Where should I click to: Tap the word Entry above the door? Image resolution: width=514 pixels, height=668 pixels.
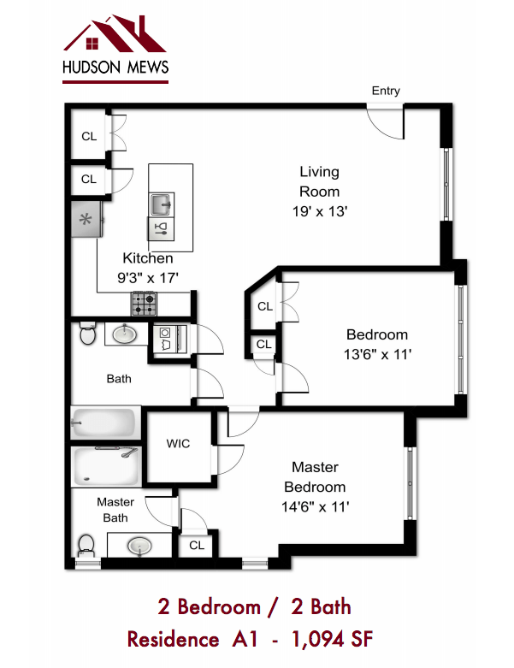pos(386,91)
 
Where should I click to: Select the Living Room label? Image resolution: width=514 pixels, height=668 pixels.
pos(319,181)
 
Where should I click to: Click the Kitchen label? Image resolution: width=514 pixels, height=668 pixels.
pos(148,257)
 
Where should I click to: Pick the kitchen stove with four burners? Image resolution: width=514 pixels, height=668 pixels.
pos(144,302)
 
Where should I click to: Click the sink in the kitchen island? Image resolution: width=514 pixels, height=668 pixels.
pos(161,204)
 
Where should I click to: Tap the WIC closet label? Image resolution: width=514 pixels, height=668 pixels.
pos(178,443)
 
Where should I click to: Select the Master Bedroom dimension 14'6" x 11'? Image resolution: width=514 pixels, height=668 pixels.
pos(315,506)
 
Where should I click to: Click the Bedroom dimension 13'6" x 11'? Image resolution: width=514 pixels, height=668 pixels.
pos(377,354)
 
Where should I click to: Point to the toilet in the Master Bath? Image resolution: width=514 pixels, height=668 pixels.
pos(86,544)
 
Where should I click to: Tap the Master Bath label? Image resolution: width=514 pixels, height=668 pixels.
pos(115,510)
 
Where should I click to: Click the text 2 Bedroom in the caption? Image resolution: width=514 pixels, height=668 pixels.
pos(209,606)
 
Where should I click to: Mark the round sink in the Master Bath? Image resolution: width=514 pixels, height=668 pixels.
pos(139,544)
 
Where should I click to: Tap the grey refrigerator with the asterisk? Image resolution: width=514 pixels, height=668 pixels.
pos(86,220)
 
